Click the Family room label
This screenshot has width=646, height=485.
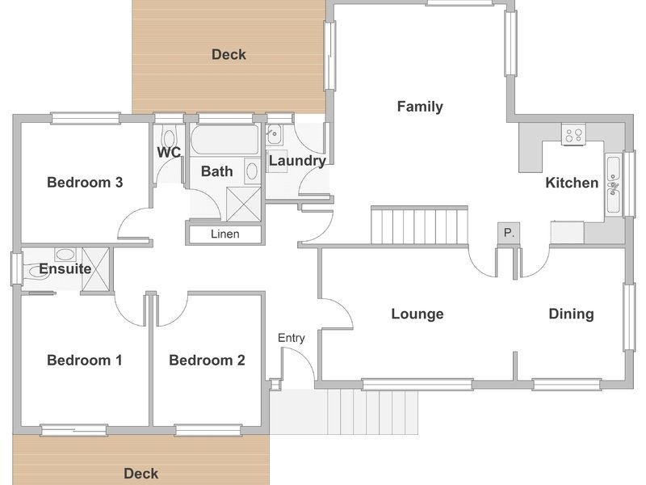(420, 107)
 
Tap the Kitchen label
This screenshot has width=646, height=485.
(572, 183)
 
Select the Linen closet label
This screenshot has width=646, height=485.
(225, 234)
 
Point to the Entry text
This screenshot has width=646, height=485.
(292, 338)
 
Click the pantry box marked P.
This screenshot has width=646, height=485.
(509, 234)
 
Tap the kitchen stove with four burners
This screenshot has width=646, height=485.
(573, 134)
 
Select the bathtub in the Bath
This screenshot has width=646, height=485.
(225, 139)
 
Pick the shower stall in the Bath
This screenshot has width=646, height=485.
(244, 205)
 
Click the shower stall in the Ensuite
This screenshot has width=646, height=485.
(95, 269)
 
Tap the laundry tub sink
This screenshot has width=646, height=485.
(274, 134)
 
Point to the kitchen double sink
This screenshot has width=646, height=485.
(613, 186)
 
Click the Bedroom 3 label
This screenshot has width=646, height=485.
(85, 183)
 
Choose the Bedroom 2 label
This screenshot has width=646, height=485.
(207, 361)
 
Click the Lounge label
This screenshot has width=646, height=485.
(417, 314)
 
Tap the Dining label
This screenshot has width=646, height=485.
(572, 314)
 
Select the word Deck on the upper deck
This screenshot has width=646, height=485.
(229, 54)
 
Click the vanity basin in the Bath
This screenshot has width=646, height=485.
(252, 171)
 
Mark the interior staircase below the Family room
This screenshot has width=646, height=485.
(419, 226)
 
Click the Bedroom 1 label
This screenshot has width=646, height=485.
(85, 361)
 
